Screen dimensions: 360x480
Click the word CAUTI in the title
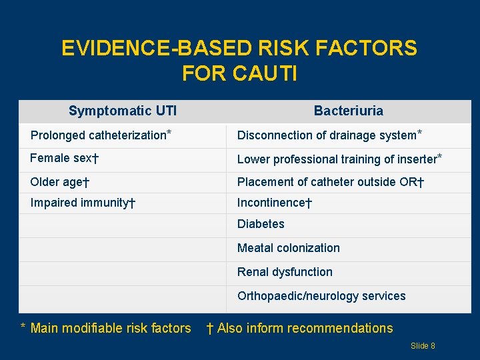click(x=265, y=73)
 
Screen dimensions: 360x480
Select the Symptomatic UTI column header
click(x=123, y=111)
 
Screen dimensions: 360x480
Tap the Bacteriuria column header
click(x=348, y=111)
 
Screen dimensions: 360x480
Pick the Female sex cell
click(x=65, y=159)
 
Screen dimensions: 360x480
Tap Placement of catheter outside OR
click(x=331, y=182)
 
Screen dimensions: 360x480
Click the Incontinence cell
click(x=275, y=203)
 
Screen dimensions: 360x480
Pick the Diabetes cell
click(x=261, y=224)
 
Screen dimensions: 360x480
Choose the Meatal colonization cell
click(x=288, y=248)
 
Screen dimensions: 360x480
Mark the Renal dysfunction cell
click(x=285, y=272)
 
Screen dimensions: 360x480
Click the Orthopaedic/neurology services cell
click(x=321, y=296)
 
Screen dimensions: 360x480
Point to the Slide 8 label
click(x=423, y=345)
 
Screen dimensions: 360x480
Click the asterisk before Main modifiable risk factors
click(x=23, y=327)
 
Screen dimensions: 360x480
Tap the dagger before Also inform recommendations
click(x=209, y=328)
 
